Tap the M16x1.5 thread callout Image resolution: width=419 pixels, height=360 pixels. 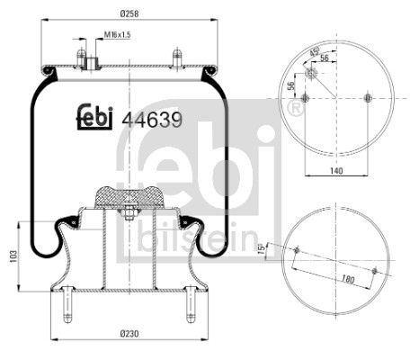coord(118,36)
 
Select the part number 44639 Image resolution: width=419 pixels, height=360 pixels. coord(148,118)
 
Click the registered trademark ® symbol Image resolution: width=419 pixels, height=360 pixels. coord(293,109)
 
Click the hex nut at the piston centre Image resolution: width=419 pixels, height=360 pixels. coord(128,214)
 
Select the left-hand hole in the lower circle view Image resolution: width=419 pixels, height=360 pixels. coord(297,249)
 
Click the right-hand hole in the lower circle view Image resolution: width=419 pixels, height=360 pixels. coord(374,270)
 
